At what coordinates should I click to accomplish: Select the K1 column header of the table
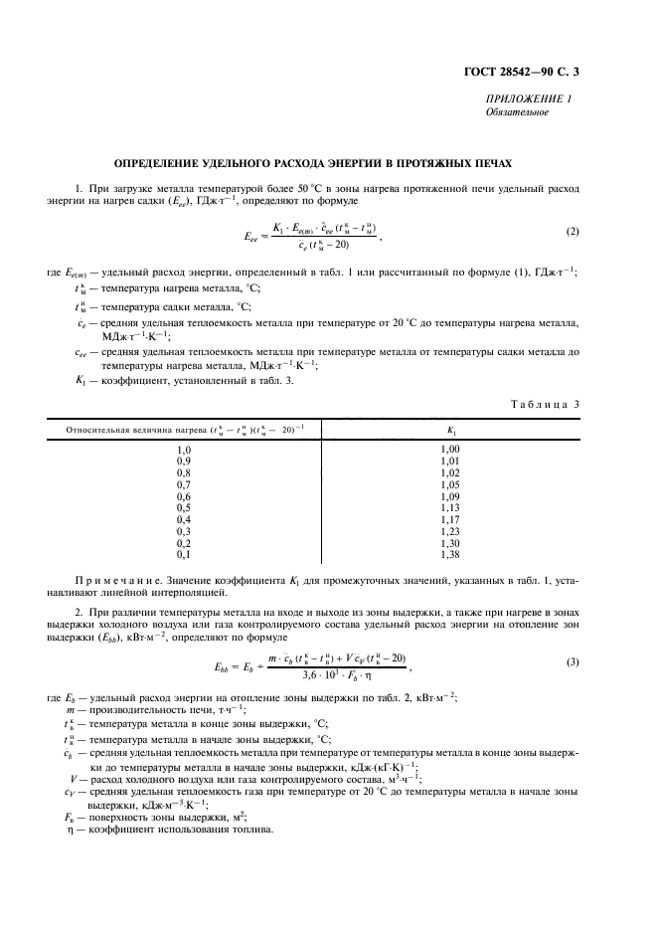click(x=452, y=431)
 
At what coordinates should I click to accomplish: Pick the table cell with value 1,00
click(x=451, y=450)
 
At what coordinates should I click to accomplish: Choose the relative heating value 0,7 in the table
click(x=183, y=484)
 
